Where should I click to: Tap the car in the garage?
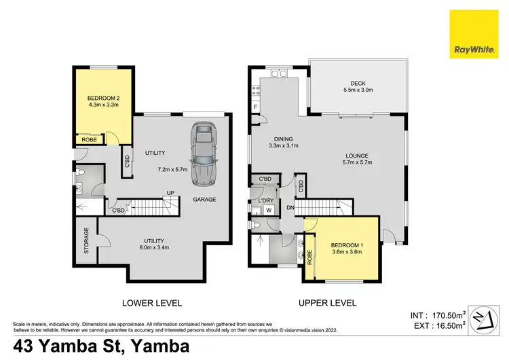203,153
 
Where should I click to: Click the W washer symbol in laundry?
267,210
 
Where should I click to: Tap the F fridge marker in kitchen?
255,107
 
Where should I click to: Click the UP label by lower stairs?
171,193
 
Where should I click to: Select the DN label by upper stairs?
291,207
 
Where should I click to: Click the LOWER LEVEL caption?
153,303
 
